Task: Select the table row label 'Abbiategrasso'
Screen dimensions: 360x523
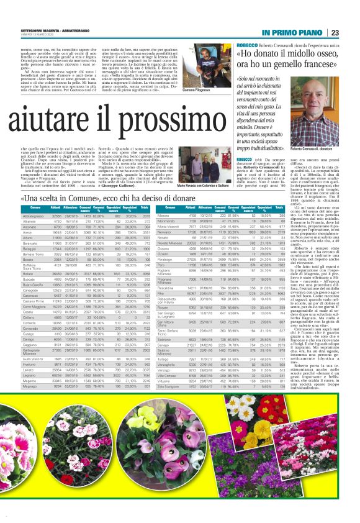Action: (x=24, y=214)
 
